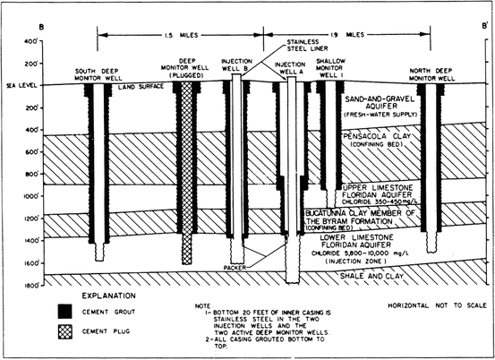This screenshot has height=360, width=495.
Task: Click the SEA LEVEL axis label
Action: click(x=19, y=86)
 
